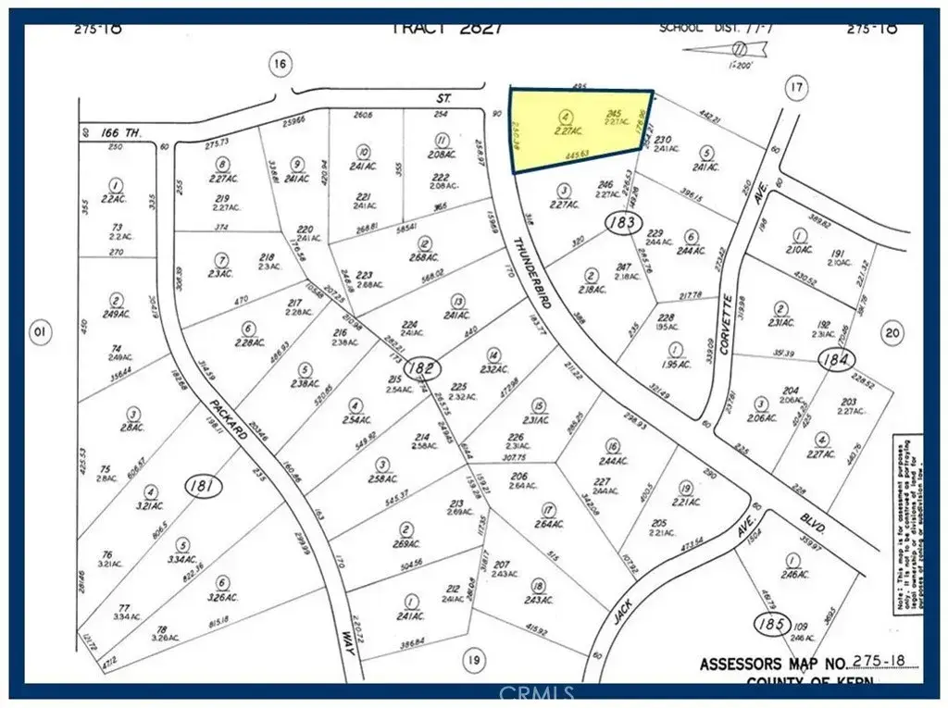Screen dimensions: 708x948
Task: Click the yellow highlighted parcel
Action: click(579, 130)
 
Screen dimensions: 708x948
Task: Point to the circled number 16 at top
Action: click(280, 64)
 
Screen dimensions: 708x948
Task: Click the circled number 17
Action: click(794, 88)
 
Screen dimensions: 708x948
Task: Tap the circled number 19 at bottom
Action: click(473, 660)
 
